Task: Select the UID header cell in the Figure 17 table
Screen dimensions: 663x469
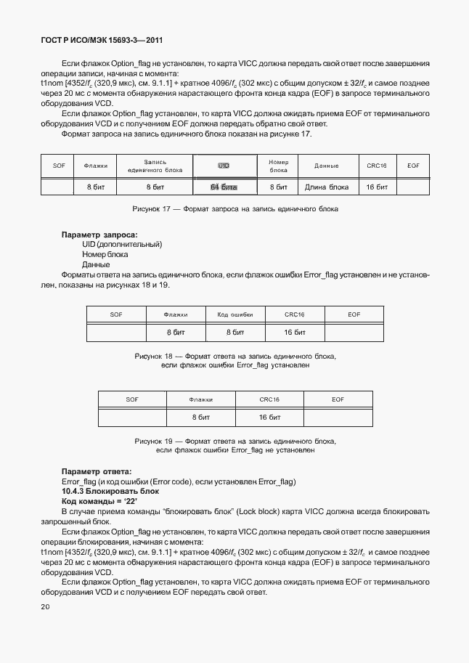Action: pos(224,166)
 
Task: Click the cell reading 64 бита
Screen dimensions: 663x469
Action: pos(224,187)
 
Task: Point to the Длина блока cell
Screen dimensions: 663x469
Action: pos(326,187)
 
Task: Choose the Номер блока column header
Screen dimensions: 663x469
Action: pos(279,166)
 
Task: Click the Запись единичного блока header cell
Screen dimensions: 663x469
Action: pos(154,166)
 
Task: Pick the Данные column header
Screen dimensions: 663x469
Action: pos(326,166)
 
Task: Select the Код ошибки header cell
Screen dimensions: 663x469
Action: pos(235,314)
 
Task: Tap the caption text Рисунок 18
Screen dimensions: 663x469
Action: pos(158,357)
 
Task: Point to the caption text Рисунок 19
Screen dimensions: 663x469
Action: pos(158,441)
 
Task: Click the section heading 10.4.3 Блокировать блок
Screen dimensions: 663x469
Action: pos(105,492)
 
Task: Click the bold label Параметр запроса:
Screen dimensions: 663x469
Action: pos(99,235)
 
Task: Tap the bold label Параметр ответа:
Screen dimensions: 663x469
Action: pos(97,472)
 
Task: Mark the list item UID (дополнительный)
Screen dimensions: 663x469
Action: pos(121,245)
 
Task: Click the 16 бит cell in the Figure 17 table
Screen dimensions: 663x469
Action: pos(376,187)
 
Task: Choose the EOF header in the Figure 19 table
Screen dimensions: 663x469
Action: pos(338,399)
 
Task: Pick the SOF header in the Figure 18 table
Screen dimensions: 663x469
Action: pos(116,314)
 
